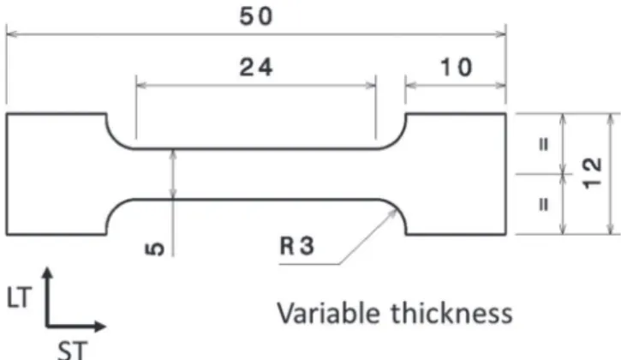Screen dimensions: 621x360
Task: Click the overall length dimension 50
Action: pos(256,16)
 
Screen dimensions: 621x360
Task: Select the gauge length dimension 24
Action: pos(256,67)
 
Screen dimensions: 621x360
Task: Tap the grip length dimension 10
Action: pos(457,67)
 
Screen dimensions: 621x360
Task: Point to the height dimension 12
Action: pos(593,173)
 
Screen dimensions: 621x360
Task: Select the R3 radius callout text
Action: pos(297,245)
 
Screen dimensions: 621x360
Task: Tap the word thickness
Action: pos(452,313)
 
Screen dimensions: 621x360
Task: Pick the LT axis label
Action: pos(19,297)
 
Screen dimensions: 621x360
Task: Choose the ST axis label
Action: pos(72,351)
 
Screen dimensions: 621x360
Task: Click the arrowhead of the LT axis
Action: pos(47,272)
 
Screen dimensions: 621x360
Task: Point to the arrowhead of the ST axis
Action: pos(101,327)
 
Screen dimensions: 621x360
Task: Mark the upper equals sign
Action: pos(545,143)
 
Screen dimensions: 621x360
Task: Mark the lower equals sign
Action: pos(545,204)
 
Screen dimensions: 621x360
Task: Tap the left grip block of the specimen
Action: pos(57,174)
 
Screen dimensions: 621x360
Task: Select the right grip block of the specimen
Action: pos(457,174)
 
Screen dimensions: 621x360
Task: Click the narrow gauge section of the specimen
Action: pos(256,174)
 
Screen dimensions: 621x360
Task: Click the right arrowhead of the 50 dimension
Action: pos(501,34)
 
